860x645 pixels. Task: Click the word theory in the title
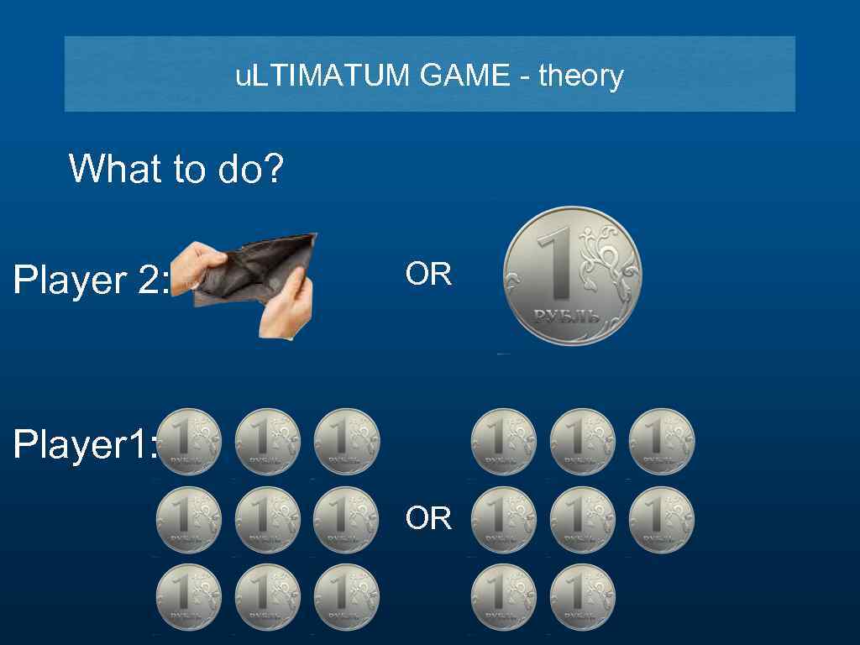point(581,76)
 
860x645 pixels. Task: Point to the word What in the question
point(116,168)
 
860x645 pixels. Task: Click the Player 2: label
point(91,280)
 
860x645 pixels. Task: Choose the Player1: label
point(85,444)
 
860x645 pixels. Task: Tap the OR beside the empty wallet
point(428,275)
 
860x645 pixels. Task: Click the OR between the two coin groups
point(428,518)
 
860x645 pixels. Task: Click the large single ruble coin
point(572,276)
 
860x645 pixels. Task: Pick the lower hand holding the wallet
point(287,309)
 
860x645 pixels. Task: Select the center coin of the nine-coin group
point(268,520)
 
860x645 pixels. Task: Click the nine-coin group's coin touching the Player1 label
point(189,441)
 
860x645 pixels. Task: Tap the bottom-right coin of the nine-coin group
point(347,597)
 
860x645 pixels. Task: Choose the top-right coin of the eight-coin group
point(662,441)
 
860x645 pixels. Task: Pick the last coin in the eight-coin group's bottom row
point(583,597)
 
